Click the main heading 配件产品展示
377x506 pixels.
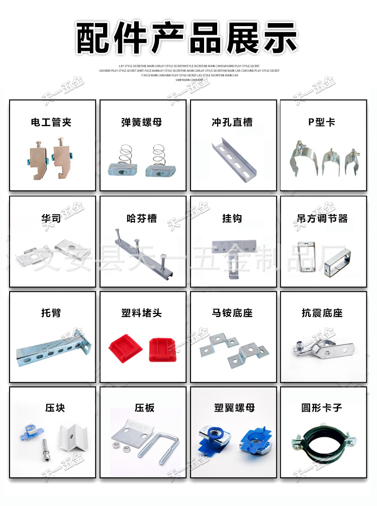pyautogui.click(x=188, y=38)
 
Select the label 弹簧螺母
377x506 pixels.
pyautogui.click(x=142, y=122)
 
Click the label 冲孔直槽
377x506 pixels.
pyautogui.click(x=232, y=122)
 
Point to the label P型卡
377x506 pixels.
pyautogui.click(x=322, y=122)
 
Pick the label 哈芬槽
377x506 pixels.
pyautogui.click(x=142, y=219)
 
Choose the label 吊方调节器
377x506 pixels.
pyautogui.click(x=322, y=219)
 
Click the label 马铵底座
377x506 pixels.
pyautogui.click(x=232, y=313)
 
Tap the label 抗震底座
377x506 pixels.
pyautogui.click(x=322, y=313)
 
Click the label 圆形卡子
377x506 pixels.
pyautogui.click(x=322, y=408)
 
